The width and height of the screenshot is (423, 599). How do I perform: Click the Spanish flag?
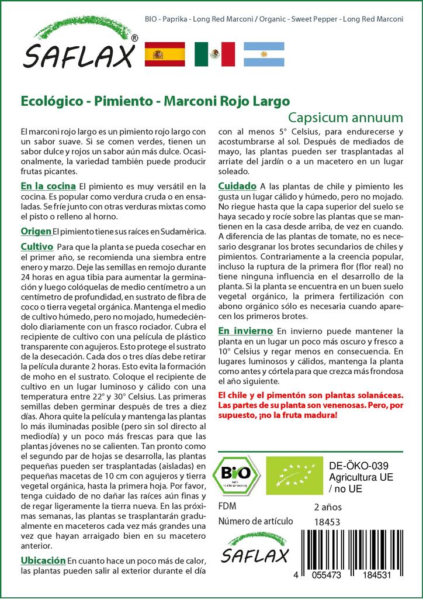(164, 54)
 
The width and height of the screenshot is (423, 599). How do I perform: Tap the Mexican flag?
(214, 54)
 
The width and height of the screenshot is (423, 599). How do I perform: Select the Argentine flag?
(263, 54)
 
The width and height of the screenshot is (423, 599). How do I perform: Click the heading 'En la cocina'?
(47, 186)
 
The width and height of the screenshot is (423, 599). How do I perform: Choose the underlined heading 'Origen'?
(36, 231)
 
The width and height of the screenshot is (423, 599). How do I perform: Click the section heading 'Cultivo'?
(37, 246)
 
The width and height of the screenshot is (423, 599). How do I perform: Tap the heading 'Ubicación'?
(43, 560)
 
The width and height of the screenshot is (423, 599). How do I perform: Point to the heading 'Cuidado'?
(237, 186)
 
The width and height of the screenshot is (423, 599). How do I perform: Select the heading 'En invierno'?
(245, 331)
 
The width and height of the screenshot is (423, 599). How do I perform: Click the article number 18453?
(327, 522)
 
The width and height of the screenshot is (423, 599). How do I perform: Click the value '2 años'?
(328, 507)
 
